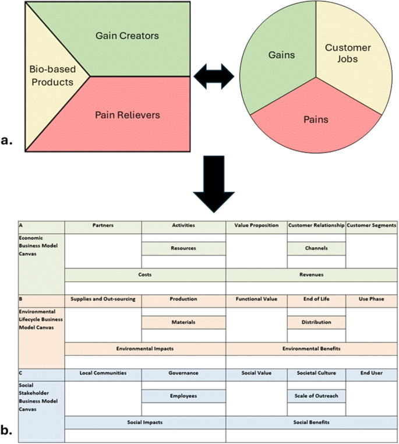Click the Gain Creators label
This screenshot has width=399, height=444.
pos(127,36)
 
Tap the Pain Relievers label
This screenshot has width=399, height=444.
pos(127,115)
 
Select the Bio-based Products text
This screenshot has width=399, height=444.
pos(52,75)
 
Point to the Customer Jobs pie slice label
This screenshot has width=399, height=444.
pos(347,54)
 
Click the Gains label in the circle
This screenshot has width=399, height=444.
pos(281,55)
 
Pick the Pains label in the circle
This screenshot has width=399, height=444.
pos(316,119)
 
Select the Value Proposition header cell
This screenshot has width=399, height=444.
pos(256,225)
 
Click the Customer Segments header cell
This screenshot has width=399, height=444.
pos(372,225)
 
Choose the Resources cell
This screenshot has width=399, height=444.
pos(183,248)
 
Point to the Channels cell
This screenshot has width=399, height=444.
pos(316,248)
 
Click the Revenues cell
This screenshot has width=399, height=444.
pos(311,274)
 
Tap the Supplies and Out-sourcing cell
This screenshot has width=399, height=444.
pos(103,299)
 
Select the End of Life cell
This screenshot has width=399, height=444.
pos(316,299)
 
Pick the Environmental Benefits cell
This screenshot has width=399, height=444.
pos(311,348)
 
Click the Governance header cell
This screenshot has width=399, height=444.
pos(183,373)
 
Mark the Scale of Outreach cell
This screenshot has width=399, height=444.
pos(316,396)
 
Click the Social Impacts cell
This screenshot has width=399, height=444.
pos(144,422)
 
